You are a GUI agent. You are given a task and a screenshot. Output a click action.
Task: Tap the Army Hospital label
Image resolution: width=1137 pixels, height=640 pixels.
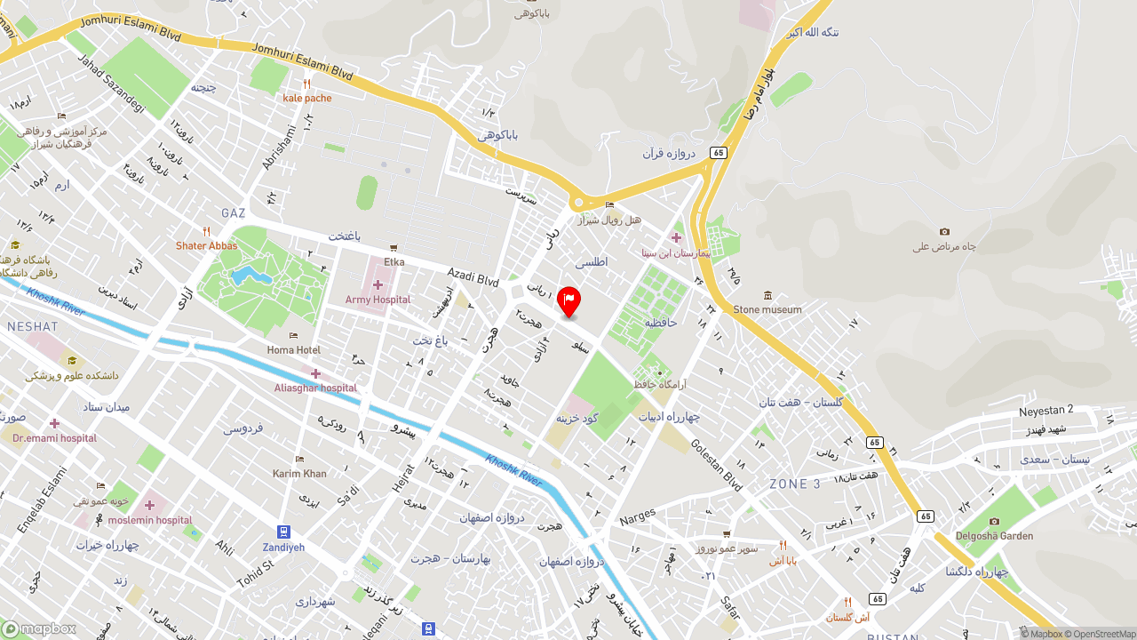pos(378,300)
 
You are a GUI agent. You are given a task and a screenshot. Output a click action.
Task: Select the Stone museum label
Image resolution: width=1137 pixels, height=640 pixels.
pos(767,309)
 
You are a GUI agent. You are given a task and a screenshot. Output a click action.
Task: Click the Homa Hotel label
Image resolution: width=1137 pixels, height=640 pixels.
pos(294,349)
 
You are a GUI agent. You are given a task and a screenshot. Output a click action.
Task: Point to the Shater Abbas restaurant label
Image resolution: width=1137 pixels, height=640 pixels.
pos(206,245)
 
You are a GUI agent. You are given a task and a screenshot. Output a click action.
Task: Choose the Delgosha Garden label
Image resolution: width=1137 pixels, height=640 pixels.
pos(994,535)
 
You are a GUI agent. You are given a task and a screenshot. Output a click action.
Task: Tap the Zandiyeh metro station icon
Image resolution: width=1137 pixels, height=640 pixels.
pos(283,532)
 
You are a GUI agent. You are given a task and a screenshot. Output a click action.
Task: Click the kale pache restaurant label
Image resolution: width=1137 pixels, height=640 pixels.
pos(306,98)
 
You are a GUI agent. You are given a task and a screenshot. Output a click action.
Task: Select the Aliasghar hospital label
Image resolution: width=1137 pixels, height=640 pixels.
pos(315,388)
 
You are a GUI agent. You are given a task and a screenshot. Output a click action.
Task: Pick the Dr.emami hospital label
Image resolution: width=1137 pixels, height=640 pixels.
pos(54,437)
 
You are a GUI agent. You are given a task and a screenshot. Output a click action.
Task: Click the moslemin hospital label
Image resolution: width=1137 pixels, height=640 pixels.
pos(150,519)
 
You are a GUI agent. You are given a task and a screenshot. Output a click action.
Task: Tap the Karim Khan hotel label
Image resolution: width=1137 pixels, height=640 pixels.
pos(299,473)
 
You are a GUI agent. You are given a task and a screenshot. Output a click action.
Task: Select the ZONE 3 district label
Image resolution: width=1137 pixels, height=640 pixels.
pos(795,484)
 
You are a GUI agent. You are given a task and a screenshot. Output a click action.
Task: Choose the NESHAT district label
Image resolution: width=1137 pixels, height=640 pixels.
pos(32,327)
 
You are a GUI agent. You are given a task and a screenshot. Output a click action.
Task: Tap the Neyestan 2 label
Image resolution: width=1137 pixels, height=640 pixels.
pos(1046,410)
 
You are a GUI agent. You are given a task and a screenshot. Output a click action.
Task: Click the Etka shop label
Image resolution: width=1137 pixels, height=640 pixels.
pos(394,261)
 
